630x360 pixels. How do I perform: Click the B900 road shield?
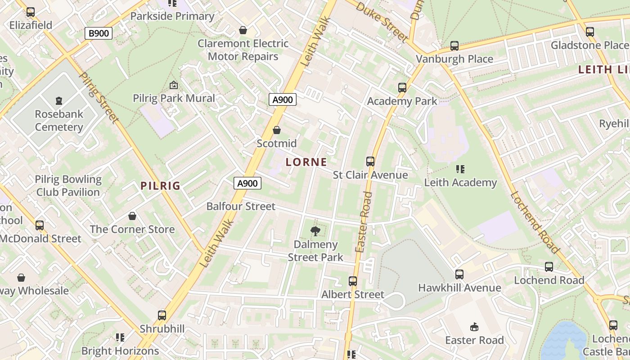(x=98, y=33)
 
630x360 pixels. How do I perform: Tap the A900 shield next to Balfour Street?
(x=247, y=183)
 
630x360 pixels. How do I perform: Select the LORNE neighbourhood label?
(x=306, y=162)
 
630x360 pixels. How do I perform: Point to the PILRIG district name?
(x=160, y=186)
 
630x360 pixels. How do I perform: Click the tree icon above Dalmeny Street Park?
(x=315, y=231)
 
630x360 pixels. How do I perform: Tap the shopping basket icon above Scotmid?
(x=277, y=130)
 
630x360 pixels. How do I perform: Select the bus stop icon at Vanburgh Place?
(x=454, y=46)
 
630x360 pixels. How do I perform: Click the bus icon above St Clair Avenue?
(x=370, y=161)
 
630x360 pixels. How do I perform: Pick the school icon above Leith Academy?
(x=460, y=169)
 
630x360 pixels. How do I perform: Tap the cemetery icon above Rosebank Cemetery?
(x=59, y=100)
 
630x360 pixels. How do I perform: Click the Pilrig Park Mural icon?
(x=174, y=85)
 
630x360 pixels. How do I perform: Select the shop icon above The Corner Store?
(x=132, y=216)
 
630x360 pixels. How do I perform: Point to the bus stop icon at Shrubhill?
(x=162, y=315)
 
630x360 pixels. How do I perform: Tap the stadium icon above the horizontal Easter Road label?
(x=474, y=327)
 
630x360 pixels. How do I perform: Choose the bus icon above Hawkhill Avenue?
(x=459, y=274)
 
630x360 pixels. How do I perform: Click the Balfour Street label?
(x=241, y=207)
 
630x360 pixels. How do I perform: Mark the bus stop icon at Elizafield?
(x=31, y=12)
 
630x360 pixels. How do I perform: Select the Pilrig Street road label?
(x=99, y=97)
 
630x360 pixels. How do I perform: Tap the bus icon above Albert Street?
(x=353, y=281)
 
